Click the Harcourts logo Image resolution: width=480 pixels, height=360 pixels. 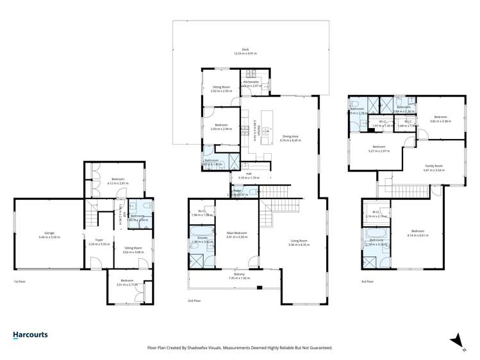[x=30, y=334]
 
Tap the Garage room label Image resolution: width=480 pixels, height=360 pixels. [x=49, y=233]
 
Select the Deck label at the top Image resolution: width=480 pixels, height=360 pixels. [x=245, y=49]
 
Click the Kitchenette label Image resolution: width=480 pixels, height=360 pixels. [x=250, y=82]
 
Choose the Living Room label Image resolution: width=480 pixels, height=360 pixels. [x=299, y=241]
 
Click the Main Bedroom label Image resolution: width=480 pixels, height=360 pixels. [x=236, y=233]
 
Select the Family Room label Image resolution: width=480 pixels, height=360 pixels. [x=433, y=166]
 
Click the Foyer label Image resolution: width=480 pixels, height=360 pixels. [x=100, y=240]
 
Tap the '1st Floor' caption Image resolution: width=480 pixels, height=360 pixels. [x=19, y=282]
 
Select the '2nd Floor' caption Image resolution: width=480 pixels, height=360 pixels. [x=194, y=300]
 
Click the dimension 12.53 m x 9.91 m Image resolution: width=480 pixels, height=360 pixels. [x=245, y=54]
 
